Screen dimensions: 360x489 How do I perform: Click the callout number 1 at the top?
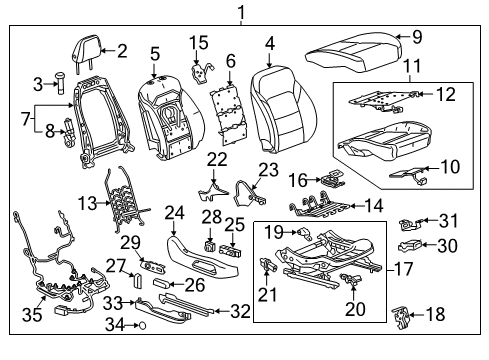(241, 12)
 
